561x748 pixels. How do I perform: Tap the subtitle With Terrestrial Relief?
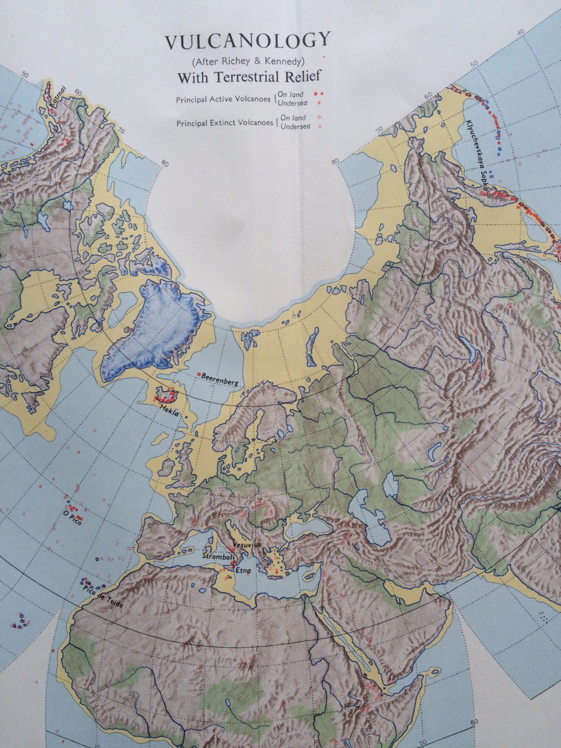pyautogui.click(x=248, y=77)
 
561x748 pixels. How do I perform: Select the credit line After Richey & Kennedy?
pyautogui.click(x=248, y=62)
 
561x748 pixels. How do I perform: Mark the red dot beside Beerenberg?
pyautogui.click(x=199, y=374)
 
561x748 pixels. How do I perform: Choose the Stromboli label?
pyautogui.click(x=216, y=555)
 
